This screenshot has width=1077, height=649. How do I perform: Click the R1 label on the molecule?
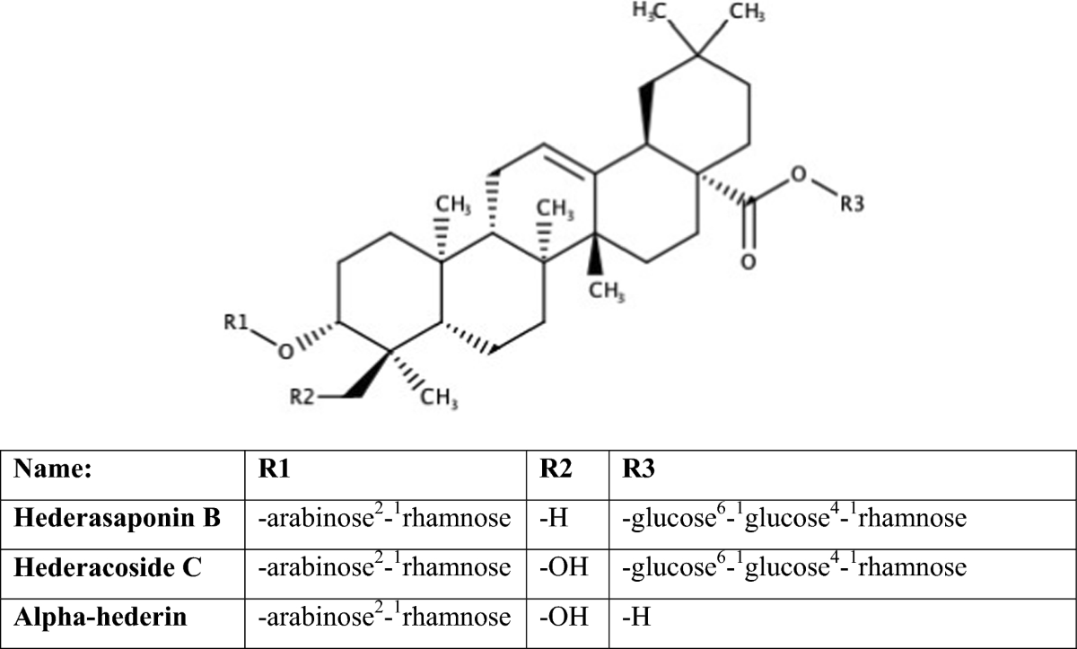235,322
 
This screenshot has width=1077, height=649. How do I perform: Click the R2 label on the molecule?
302,396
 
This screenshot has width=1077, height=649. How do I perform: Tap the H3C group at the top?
653,13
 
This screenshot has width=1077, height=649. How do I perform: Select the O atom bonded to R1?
284,352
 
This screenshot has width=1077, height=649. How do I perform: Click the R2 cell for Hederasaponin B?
548,518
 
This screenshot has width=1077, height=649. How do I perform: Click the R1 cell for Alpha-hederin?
384,617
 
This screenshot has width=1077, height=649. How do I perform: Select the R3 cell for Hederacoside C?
787,567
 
